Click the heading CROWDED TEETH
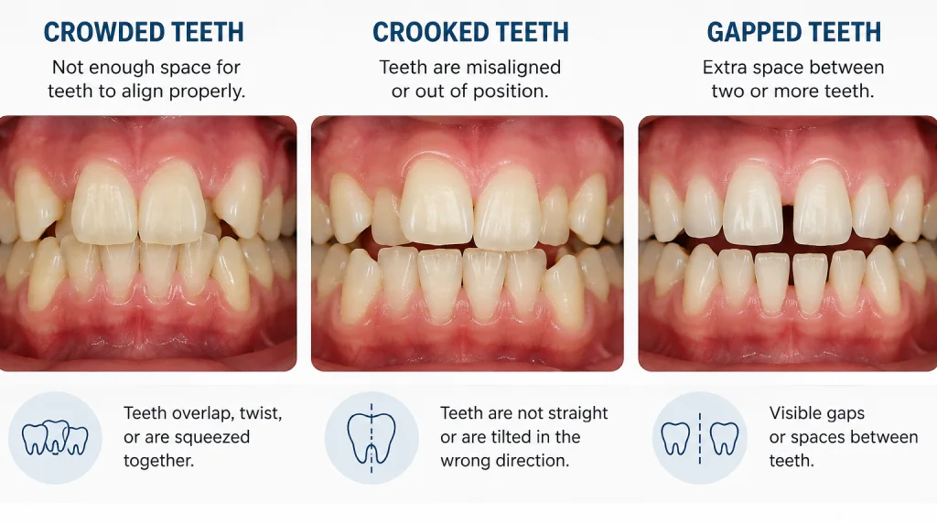144,32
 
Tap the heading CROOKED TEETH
470,32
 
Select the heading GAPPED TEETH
793,32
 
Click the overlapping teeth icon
55,438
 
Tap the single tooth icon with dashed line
372,438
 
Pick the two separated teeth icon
700,438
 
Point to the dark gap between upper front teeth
788,223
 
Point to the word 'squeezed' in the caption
212,438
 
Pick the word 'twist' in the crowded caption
261,413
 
